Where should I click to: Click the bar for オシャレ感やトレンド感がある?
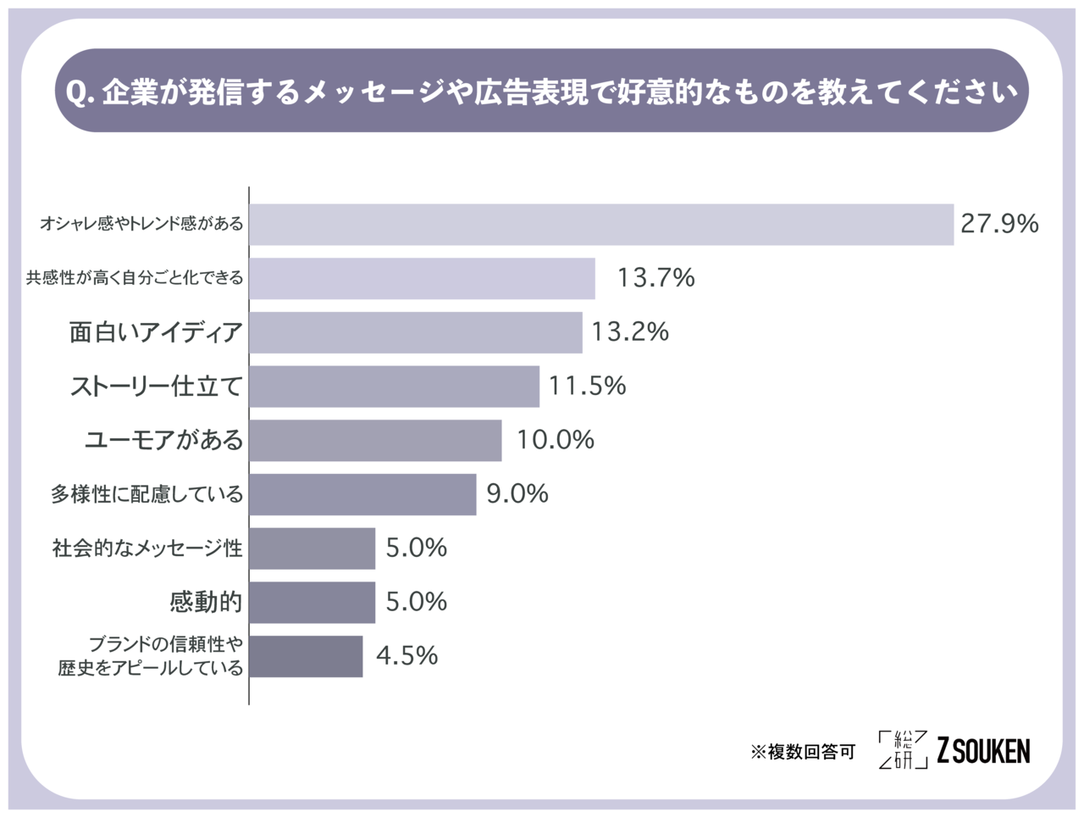[x=601, y=225]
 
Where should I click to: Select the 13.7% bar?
[x=422, y=278]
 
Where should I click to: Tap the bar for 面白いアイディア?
[x=416, y=332]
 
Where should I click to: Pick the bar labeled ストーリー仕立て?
[x=394, y=387]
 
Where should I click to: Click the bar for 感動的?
[x=312, y=602]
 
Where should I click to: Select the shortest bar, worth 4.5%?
[x=306, y=656]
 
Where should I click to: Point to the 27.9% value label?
[x=999, y=224]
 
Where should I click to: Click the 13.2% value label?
[x=630, y=331]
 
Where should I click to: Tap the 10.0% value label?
[x=556, y=439]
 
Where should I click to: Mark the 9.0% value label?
[x=517, y=493]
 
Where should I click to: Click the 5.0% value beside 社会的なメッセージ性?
[x=416, y=548]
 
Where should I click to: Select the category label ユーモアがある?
[x=163, y=440]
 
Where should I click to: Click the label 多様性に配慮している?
[x=147, y=494]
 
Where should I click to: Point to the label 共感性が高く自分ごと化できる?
[x=135, y=278]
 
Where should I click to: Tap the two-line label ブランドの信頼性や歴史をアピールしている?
[x=151, y=656]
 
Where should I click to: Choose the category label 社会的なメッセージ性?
[x=147, y=548]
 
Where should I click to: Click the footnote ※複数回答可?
[x=803, y=752]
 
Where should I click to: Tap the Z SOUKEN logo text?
[x=983, y=750]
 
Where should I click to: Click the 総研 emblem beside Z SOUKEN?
[x=903, y=749]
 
